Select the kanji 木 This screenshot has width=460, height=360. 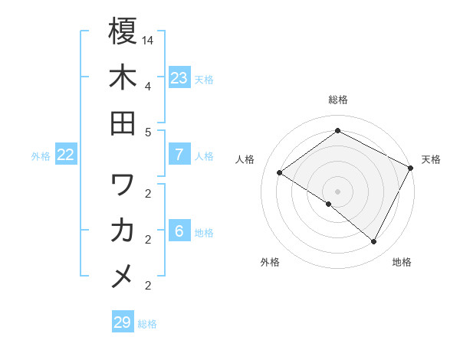point(123,77)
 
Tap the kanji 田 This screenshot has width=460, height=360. point(123,123)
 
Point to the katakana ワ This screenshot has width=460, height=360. point(123,185)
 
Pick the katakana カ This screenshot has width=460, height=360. point(123,231)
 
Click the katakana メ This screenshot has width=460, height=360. point(123,277)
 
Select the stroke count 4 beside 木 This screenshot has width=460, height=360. point(146,85)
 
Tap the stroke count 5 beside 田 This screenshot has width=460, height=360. point(146,131)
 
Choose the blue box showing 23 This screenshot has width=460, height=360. point(179,78)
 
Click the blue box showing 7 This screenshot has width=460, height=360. point(179,155)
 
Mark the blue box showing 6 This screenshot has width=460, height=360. point(179,231)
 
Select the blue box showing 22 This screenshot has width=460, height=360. point(66,155)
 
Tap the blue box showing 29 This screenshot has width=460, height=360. point(123,322)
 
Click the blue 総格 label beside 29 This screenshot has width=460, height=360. point(147,324)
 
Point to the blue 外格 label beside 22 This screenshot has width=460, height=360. point(41,156)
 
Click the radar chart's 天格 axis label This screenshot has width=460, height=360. point(431,159)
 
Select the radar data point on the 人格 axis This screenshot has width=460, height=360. point(280,173)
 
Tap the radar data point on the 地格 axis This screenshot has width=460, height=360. point(374,242)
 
